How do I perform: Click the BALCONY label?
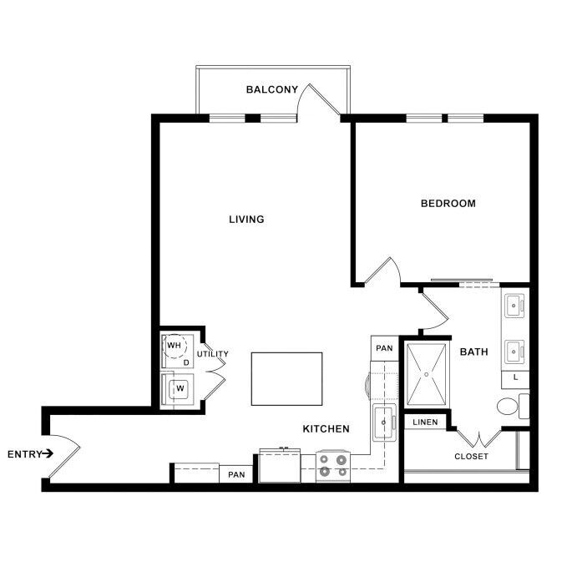(x=271, y=89)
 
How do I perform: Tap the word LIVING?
(x=246, y=220)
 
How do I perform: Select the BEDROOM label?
(x=448, y=203)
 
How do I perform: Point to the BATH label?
(x=473, y=352)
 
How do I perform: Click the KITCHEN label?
(x=325, y=429)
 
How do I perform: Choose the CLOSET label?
(x=471, y=457)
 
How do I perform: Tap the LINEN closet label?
(x=425, y=423)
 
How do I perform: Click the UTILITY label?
(x=212, y=354)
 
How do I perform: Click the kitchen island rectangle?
(x=286, y=378)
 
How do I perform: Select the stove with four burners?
(x=333, y=465)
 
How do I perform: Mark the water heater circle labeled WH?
(x=175, y=345)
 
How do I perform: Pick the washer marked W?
(x=179, y=388)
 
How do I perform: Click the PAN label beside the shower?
(x=383, y=348)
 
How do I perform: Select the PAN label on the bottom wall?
(x=235, y=475)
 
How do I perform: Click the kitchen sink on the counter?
(x=383, y=423)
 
